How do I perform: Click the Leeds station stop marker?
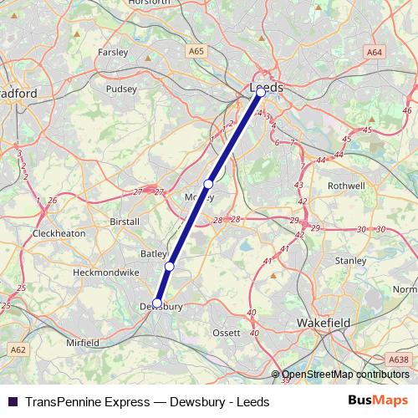pyautogui.click(x=261, y=93)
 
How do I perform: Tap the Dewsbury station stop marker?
pyautogui.click(x=157, y=303)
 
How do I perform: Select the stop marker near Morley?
pyautogui.click(x=208, y=184)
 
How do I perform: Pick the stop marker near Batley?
pyautogui.click(x=169, y=266)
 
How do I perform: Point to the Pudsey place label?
pyautogui.click(x=121, y=89)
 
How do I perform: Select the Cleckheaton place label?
pyautogui.click(x=59, y=233)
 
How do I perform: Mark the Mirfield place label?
pyautogui.click(x=83, y=343)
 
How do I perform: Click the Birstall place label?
pyautogui.click(x=125, y=222)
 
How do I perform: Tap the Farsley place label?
pyautogui.click(x=113, y=52)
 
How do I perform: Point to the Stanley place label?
pyautogui.click(x=350, y=261)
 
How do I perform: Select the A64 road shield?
pyautogui.click(x=374, y=52)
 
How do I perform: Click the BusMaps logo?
pyautogui.click(x=377, y=401)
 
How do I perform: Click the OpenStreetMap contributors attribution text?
pyautogui.click(x=341, y=375)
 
